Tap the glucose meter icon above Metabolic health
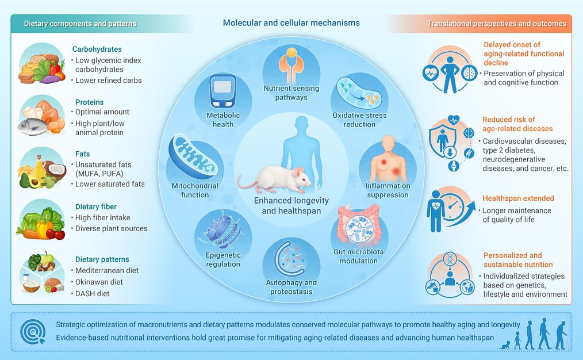(x=223, y=91)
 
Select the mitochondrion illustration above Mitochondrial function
(x=193, y=156)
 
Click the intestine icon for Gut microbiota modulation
(x=358, y=225)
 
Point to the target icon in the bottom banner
(x=33, y=332)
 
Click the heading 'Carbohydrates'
(x=97, y=49)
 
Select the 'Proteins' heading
(x=89, y=102)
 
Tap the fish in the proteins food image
(x=32, y=127)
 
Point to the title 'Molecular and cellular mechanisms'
(x=291, y=22)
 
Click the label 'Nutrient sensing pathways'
(x=291, y=93)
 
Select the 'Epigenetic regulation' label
(x=223, y=259)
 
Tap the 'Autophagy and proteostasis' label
(x=291, y=287)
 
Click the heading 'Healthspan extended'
(x=518, y=198)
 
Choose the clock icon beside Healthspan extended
(x=452, y=206)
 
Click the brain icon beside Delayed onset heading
(x=469, y=73)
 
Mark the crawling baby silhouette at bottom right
(x=505, y=346)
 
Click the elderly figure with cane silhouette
(x=561, y=335)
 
